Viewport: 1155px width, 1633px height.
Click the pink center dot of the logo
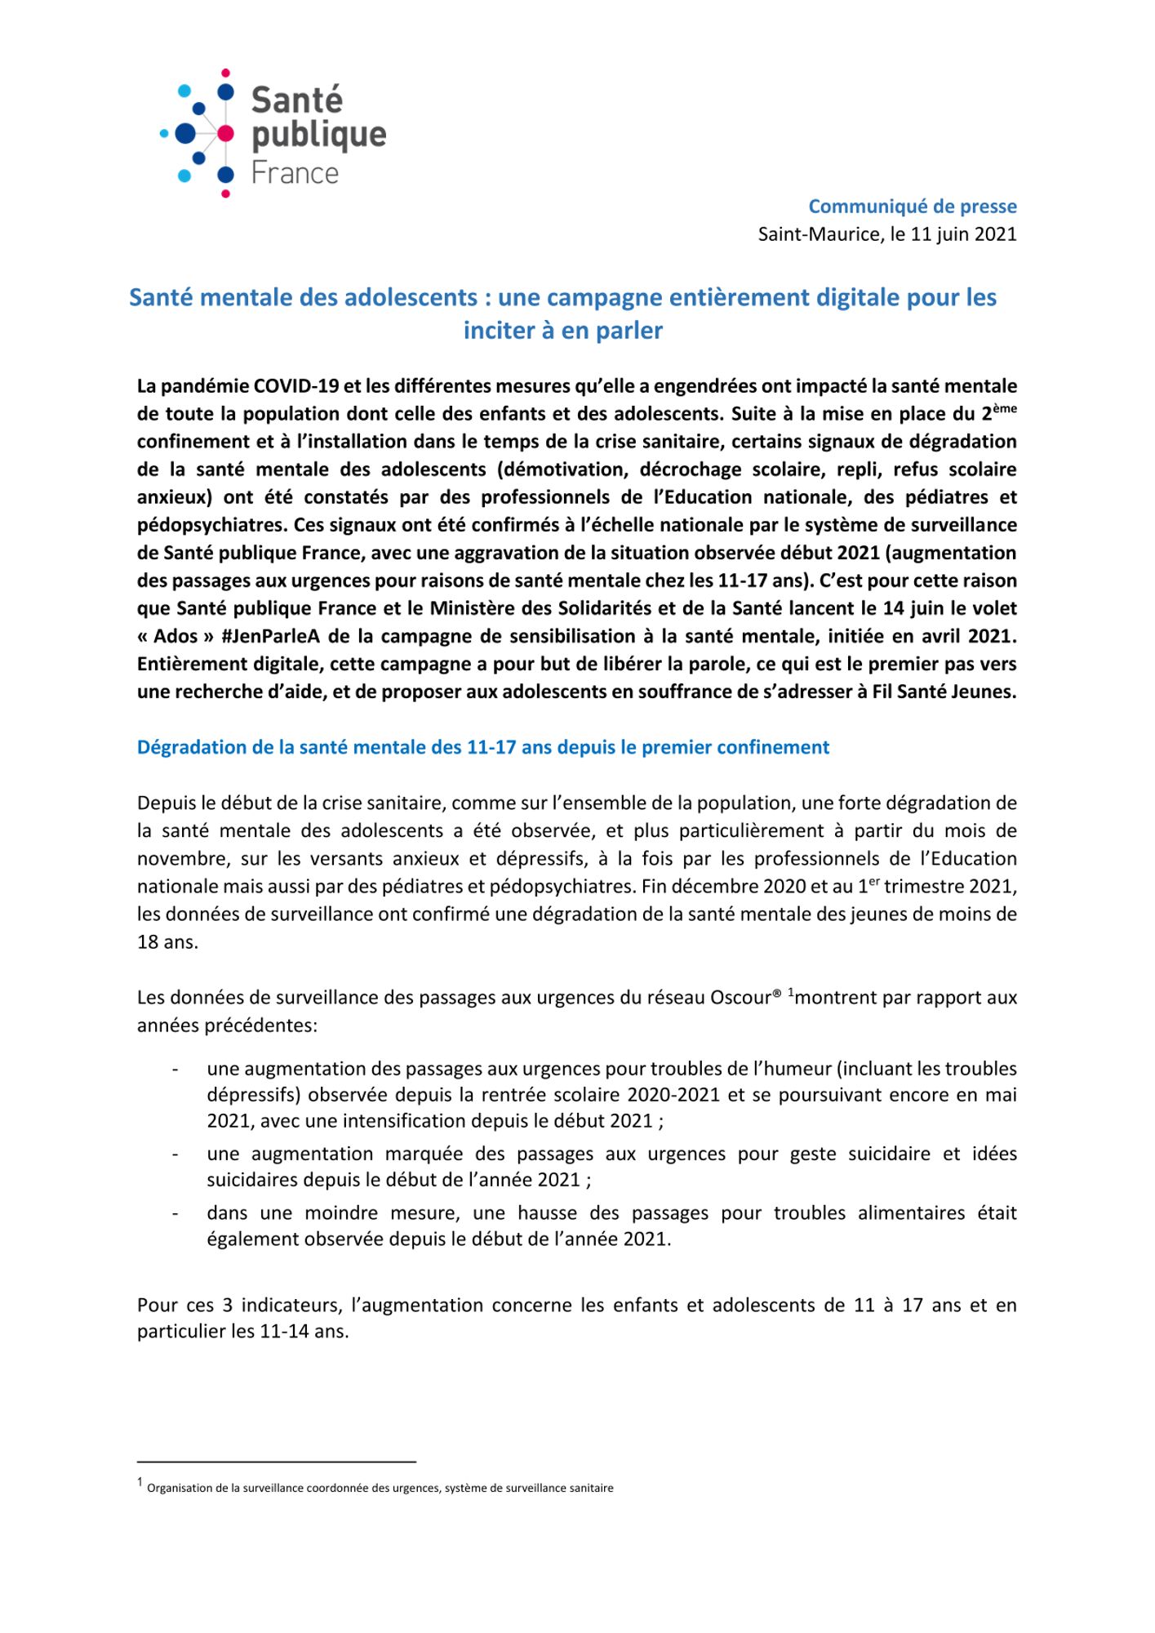pyautogui.click(x=225, y=132)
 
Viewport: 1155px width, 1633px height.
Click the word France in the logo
pyautogui.click(x=295, y=173)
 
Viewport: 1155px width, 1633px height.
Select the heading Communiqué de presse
pyautogui.click(x=912, y=207)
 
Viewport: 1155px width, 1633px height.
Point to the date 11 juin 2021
pyautogui.click(x=963, y=234)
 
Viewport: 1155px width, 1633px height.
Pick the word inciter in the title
pyautogui.click(x=496, y=331)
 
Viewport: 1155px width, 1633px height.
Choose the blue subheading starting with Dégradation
pyautogui.click(x=483, y=747)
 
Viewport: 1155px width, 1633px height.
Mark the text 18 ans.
pyautogui.click(x=167, y=941)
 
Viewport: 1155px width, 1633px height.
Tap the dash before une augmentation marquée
pyautogui.click(x=175, y=1154)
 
